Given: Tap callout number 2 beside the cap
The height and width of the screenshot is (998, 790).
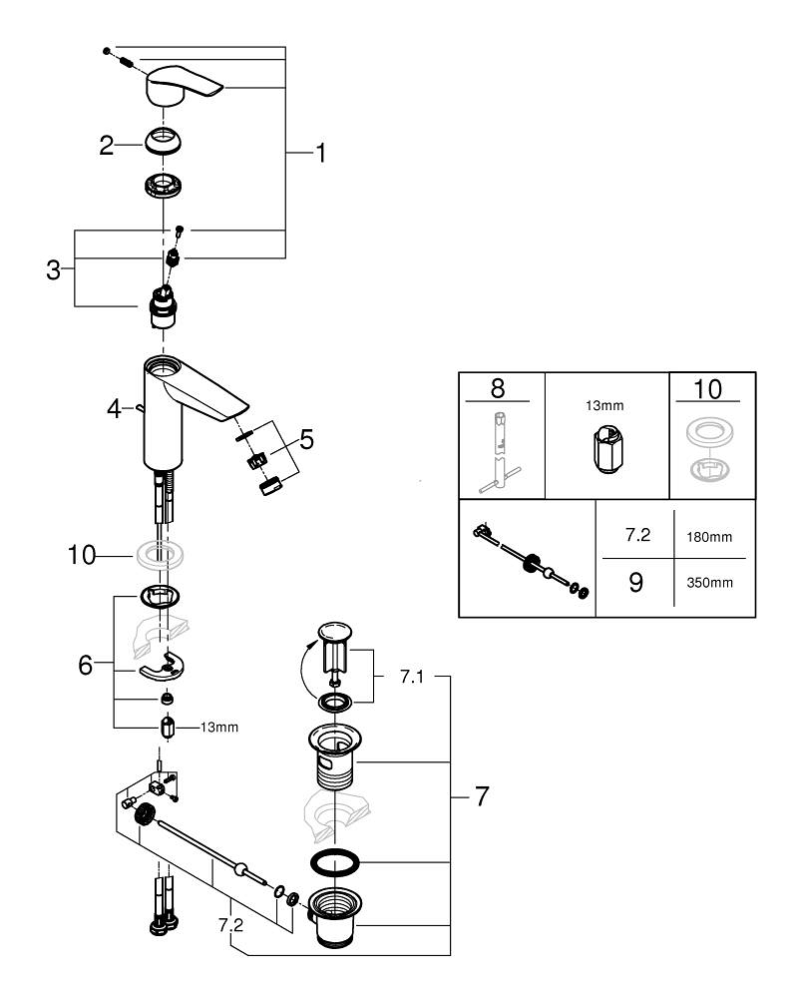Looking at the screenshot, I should click(106, 146).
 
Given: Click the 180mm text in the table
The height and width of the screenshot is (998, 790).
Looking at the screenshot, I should click(709, 537).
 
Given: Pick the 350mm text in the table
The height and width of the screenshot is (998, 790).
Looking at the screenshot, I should click(709, 582).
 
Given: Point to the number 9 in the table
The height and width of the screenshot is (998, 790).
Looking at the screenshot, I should click(635, 581).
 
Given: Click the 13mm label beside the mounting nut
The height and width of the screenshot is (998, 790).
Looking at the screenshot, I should click(218, 727).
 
